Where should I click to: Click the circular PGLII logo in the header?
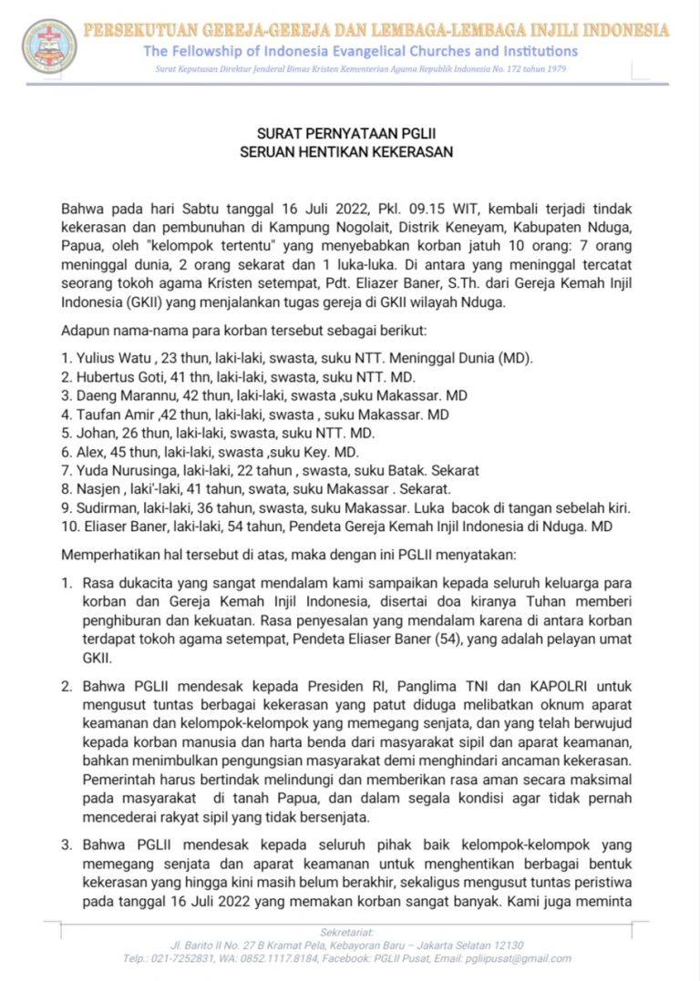(x=50, y=46)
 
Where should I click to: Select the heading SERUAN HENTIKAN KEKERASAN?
(x=345, y=152)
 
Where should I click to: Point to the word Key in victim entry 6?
(x=334, y=451)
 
